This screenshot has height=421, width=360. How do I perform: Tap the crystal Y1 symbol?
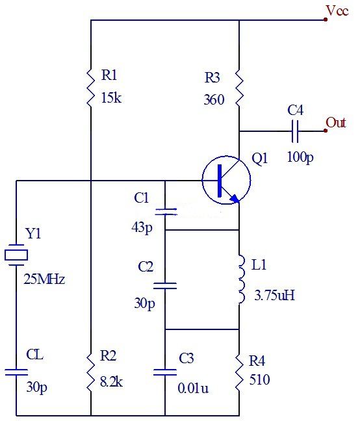(x=16, y=255)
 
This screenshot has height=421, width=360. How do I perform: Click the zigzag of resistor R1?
(x=91, y=88)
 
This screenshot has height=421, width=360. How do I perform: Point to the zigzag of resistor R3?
(x=239, y=88)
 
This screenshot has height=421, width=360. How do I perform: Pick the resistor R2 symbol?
(x=91, y=372)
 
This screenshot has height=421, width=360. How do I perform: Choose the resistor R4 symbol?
(x=239, y=372)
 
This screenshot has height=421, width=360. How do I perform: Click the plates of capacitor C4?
(x=295, y=131)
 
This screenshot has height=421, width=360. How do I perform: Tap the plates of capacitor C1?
(x=166, y=212)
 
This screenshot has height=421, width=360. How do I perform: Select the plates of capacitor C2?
(x=165, y=286)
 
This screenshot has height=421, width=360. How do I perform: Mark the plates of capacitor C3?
(x=165, y=372)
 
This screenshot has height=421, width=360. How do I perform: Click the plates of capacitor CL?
(x=16, y=372)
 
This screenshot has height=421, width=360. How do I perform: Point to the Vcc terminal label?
(x=337, y=11)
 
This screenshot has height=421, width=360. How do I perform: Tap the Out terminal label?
(x=335, y=122)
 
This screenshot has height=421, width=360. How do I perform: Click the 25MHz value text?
(x=44, y=279)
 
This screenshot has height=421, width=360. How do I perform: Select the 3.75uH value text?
(x=274, y=296)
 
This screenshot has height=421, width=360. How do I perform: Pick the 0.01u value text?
(x=193, y=388)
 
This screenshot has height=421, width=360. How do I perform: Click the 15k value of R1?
(x=111, y=98)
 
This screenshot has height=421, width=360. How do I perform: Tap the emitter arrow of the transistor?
(x=235, y=198)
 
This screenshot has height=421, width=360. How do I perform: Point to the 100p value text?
(x=300, y=157)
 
